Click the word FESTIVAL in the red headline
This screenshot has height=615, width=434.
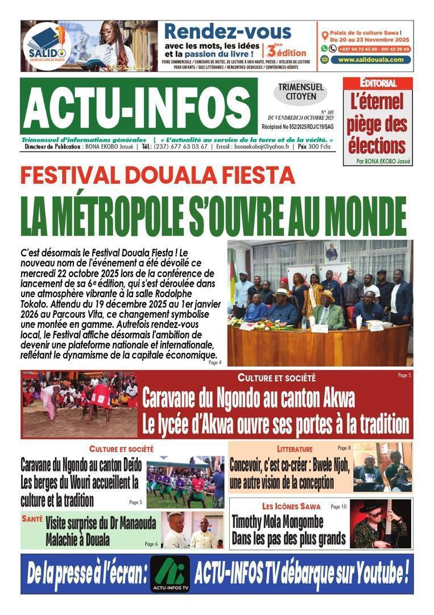coord(73,175)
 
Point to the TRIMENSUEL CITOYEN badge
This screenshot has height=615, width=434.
coord(301,92)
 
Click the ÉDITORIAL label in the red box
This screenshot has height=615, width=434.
coord(378,83)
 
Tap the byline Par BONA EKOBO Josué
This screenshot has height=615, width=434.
coord(383,161)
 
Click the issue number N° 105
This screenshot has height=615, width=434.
coord(328,112)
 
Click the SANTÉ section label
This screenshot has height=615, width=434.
coord(32,519)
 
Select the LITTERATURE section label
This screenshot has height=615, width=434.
coord(295,449)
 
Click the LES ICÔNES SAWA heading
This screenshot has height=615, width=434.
coord(291,506)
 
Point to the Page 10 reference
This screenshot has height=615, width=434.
coord(338,506)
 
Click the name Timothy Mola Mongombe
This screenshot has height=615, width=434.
coord(278,521)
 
